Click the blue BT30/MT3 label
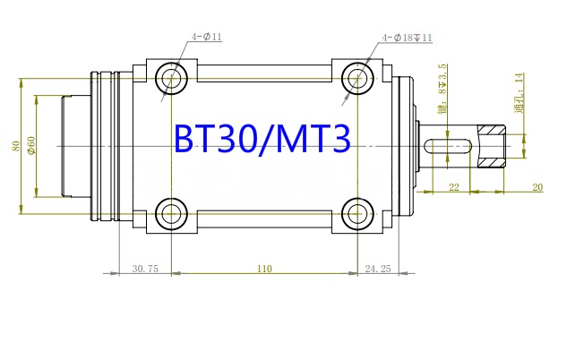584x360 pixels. tap(263, 140)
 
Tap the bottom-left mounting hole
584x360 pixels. tap(169, 213)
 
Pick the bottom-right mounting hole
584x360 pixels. tap(357, 213)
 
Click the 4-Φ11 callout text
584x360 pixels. tap(204, 39)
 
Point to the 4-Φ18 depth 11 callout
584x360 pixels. tap(408, 39)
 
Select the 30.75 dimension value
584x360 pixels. tap(145, 268)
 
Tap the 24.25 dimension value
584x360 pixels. tap(379, 268)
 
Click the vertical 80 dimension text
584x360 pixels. tap(15, 145)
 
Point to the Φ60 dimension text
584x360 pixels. tap(31, 145)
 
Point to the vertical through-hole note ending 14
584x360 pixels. tap(519, 90)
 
